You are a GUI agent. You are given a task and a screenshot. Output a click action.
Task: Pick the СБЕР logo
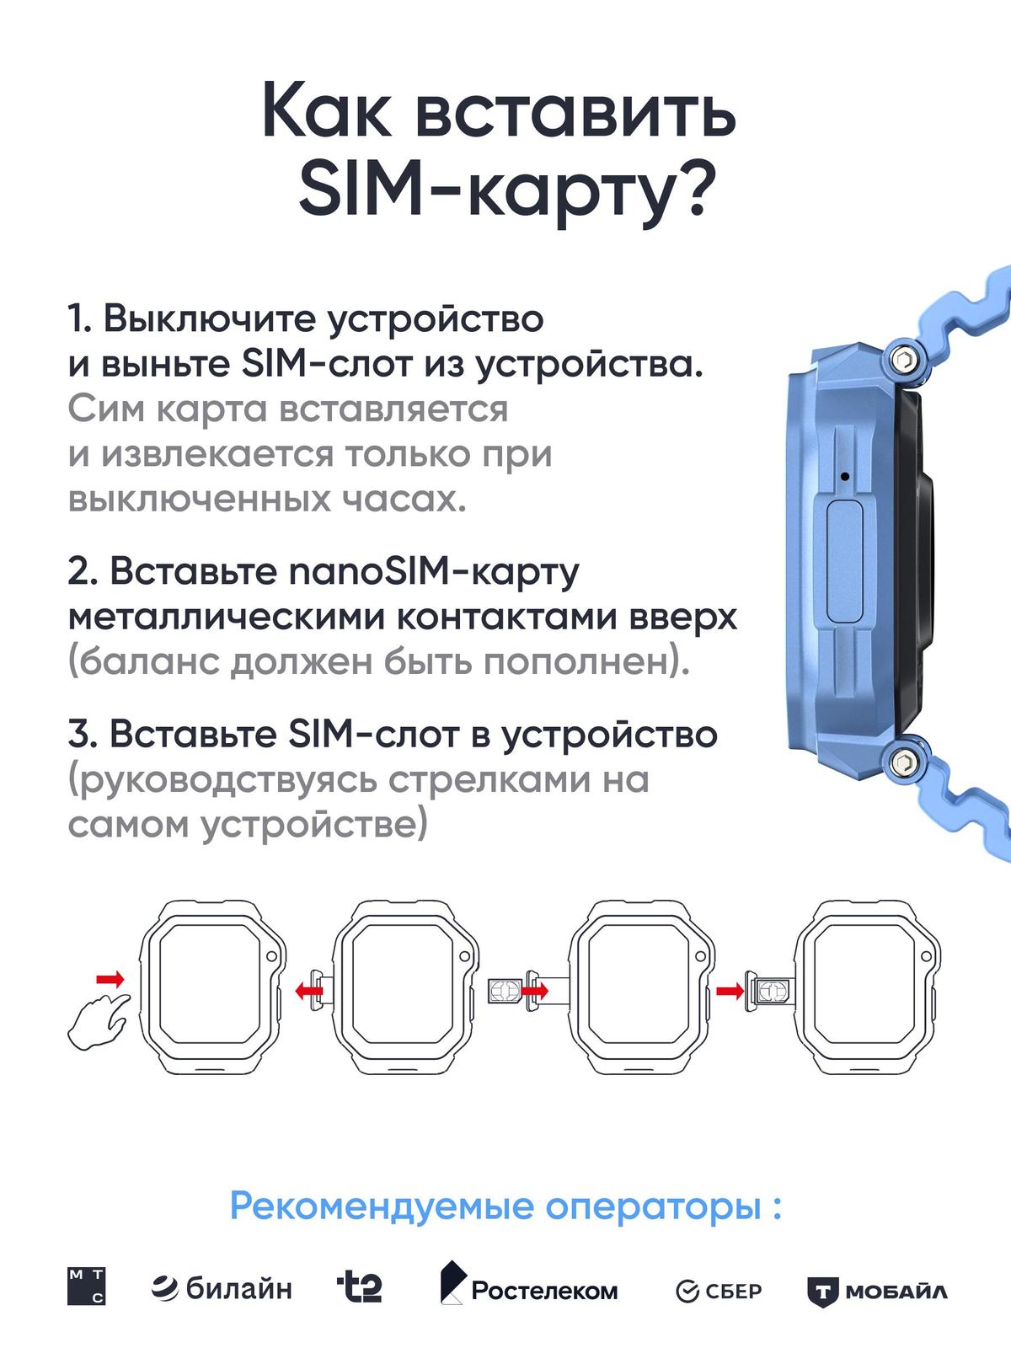[719, 1292]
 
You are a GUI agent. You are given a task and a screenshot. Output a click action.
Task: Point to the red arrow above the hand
[110, 979]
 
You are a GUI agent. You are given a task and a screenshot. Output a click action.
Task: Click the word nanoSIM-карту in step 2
[433, 572]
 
